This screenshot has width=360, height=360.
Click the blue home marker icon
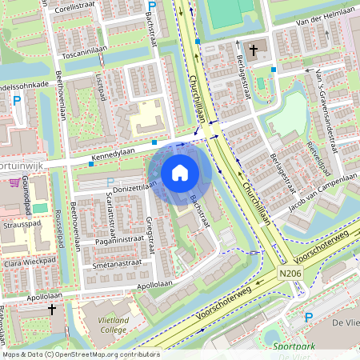tap(180, 172)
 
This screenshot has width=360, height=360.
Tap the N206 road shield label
tap(292, 274)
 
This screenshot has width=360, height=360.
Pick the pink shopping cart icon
tap(14, 182)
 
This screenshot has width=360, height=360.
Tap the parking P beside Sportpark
tap(308, 318)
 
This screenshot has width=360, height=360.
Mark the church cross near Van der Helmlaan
tap(254, 50)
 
